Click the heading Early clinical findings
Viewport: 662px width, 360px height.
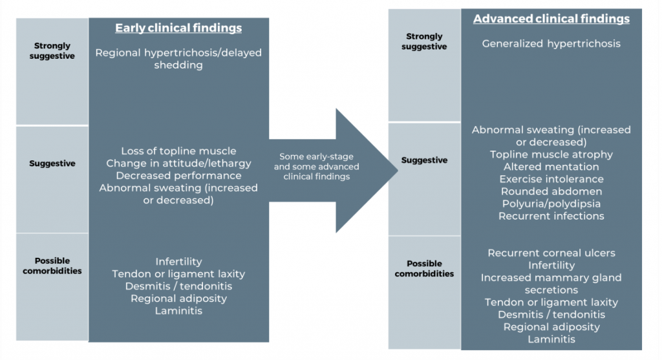coord(178,28)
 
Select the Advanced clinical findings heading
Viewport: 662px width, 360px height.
coord(551,19)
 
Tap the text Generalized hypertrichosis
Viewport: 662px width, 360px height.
coord(551,44)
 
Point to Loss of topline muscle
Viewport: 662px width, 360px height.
coord(178,151)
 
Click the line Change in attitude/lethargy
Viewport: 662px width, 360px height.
coord(178,164)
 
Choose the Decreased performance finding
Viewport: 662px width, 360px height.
coord(178,176)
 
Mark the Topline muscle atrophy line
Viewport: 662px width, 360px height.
coord(551,154)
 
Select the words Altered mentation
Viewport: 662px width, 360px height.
coord(551,167)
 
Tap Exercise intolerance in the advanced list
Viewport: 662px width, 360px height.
coord(551,179)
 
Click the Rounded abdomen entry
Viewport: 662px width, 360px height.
coord(551,191)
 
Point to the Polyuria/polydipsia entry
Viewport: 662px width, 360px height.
coord(551,204)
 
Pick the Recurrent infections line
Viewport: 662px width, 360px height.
coord(551,216)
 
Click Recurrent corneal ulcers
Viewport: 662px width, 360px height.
coord(551,253)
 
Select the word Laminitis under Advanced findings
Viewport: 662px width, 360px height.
coord(551,339)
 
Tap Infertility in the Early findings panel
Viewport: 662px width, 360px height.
coord(178,262)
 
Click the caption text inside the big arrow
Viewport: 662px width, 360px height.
coord(316,167)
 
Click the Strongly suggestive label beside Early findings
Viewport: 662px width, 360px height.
coord(52,51)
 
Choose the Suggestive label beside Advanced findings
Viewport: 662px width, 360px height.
coord(424,160)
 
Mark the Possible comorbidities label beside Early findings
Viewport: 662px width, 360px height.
coord(52,266)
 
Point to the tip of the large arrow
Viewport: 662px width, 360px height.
coord(396,171)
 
